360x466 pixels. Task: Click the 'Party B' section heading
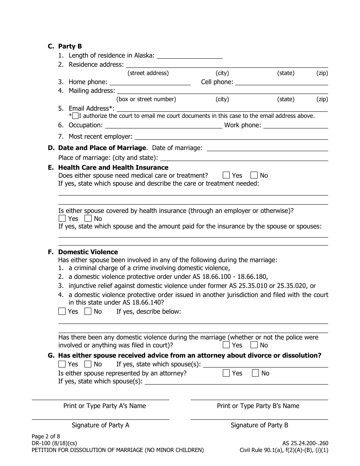(70, 46)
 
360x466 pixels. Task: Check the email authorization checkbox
(75, 116)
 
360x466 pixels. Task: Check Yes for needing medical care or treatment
(226, 175)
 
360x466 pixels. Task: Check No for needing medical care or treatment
(254, 175)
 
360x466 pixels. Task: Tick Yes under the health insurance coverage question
(62, 218)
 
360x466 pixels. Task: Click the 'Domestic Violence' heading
(88, 252)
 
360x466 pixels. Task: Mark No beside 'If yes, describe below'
(88, 311)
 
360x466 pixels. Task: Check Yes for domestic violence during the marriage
(226, 345)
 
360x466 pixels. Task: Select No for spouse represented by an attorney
(255, 373)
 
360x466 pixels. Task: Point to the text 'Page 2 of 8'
(46, 436)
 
